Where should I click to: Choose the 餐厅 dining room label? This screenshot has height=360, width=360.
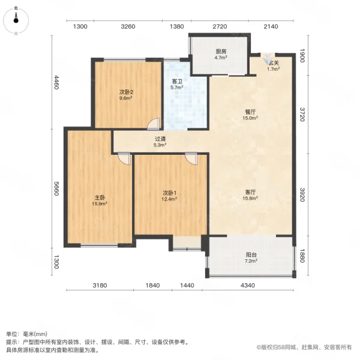pyautogui.click(x=250, y=115)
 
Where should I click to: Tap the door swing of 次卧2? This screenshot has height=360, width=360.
pyautogui.click(x=155, y=124)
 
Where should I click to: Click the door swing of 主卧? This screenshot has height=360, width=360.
pyautogui.click(x=124, y=158)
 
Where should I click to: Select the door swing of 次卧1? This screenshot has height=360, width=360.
pyautogui.click(x=191, y=158)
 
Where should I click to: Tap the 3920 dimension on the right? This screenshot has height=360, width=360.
pyautogui.click(x=303, y=196)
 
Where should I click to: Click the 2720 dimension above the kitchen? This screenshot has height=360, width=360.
pyautogui.click(x=220, y=27)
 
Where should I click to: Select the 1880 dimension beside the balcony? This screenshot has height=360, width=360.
pyautogui.click(x=303, y=256)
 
